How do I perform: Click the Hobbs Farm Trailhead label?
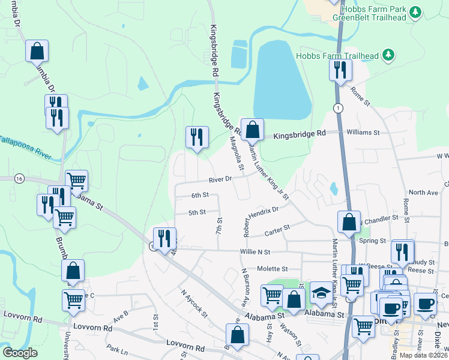[x=337, y=56]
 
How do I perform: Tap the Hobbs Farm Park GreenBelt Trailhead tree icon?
[x=415, y=11]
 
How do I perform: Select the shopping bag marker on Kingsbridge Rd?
[x=253, y=128]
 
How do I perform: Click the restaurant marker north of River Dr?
[x=196, y=137]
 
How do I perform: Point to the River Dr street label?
[x=220, y=180]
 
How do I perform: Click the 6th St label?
[x=200, y=195]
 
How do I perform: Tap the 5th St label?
[x=197, y=212]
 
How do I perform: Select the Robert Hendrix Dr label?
[x=261, y=215]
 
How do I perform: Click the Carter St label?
[x=278, y=228]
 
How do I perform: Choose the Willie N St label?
[x=256, y=253]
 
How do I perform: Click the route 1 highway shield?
[x=339, y=108]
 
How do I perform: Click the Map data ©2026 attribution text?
[x=423, y=355]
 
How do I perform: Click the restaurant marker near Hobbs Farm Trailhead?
[x=340, y=70]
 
